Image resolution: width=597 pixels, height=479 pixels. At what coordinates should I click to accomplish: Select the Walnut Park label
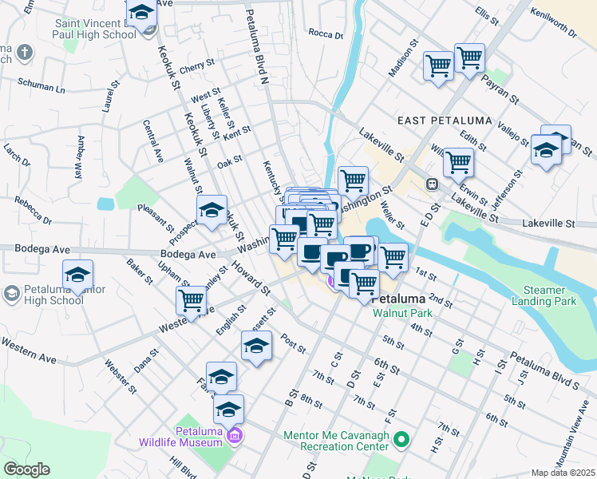pyautogui.click(x=401, y=313)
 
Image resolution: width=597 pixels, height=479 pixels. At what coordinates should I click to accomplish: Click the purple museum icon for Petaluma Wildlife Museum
pyautogui.click(x=235, y=436)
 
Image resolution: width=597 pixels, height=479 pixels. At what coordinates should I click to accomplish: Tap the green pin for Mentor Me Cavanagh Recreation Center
pyautogui.click(x=401, y=439)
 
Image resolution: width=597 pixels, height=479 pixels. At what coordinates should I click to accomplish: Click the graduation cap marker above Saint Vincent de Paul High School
pyautogui.click(x=142, y=14)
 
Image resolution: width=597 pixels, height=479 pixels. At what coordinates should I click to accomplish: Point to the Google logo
pyautogui.click(x=26, y=469)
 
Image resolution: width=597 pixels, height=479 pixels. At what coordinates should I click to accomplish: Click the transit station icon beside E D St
pyautogui.click(x=432, y=184)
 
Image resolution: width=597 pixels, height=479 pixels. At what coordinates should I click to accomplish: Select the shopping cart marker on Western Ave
pyautogui.click(x=191, y=300)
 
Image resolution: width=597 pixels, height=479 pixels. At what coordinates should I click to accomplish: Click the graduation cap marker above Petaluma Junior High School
pyautogui.click(x=78, y=275)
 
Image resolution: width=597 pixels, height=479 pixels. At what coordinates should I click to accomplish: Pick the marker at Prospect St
pyautogui.click(x=212, y=211)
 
